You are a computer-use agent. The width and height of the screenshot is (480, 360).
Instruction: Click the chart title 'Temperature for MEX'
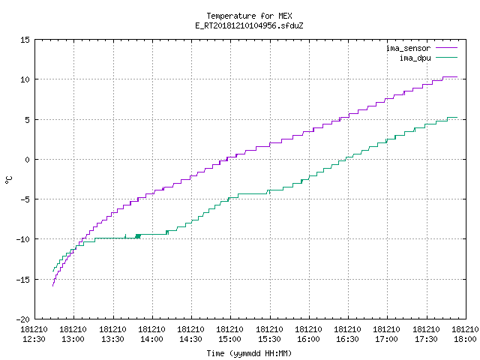coord(249,16)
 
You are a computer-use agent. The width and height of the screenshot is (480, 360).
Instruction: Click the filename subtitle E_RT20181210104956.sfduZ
coord(249,25)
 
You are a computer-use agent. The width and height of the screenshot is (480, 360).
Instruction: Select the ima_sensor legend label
coord(408,48)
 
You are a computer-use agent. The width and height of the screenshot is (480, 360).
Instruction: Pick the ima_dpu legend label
coord(415,58)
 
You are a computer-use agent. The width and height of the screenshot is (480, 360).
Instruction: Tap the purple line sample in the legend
coord(446,48)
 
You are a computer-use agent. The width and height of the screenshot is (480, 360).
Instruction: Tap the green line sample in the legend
coord(446,57)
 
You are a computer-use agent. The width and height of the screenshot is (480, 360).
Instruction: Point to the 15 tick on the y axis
coord(25,40)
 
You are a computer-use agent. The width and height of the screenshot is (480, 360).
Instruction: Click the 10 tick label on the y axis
coord(25,79)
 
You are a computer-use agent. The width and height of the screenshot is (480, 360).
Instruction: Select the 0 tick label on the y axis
coord(28,160)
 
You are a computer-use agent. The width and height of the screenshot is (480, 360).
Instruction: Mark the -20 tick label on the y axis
coord(23,319)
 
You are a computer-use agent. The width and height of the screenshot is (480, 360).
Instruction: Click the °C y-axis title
coord(8,180)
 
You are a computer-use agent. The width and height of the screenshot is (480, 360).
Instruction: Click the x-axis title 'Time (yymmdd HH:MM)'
coord(249,353)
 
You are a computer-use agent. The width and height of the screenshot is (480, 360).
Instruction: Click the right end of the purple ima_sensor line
coord(457,76)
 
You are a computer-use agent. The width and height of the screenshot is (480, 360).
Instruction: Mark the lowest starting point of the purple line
coord(53,286)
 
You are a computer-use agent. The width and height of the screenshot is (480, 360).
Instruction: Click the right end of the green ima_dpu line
coord(457,117)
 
